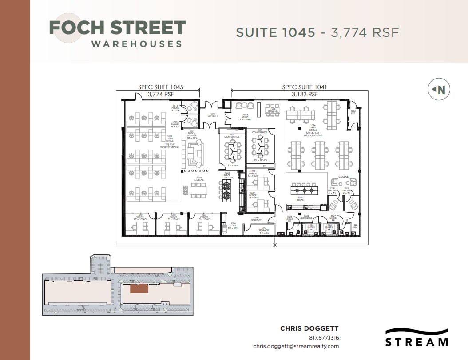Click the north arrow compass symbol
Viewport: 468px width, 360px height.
[439, 90]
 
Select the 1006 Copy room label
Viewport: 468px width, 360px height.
[234, 225]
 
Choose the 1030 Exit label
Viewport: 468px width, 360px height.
[353, 112]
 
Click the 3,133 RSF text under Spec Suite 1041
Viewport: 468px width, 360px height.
[305, 94]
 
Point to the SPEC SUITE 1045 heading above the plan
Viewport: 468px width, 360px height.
[161, 87]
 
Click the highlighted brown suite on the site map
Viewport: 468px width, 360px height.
[139, 289]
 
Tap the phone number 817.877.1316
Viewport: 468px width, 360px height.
[324, 337]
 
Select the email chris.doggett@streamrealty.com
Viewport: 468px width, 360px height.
[296, 346]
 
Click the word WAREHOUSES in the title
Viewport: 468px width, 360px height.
[136, 44]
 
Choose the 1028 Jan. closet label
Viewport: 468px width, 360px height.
[355, 226]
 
